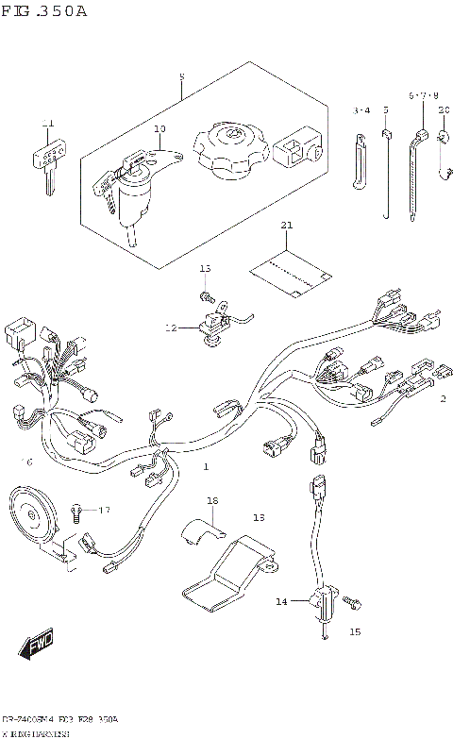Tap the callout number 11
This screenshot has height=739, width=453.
point(48,124)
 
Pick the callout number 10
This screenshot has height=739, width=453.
point(159,128)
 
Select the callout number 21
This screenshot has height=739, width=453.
point(287,226)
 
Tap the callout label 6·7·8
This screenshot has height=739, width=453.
point(424,96)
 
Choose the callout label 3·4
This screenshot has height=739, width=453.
point(362,110)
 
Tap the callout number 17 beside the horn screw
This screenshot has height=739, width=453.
point(103,510)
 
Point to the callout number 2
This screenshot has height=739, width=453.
point(442,398)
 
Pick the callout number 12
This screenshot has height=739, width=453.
point(171,328)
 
